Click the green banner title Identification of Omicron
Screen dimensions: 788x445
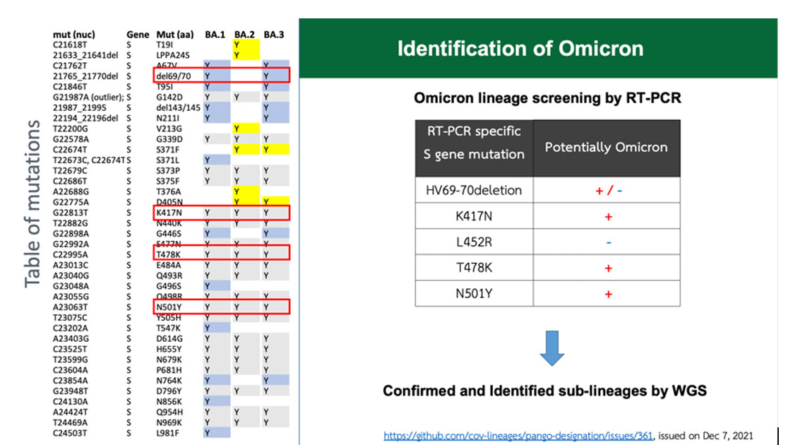pos(520,49)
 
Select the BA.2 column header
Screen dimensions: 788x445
pos(244,35)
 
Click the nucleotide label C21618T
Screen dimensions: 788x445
pos(70,44)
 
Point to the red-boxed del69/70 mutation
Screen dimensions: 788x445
pos(174,76)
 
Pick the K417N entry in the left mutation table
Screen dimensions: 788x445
pos(169,213)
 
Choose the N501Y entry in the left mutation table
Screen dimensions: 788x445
pos(169,307)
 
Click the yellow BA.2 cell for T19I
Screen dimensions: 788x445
pos(246,44)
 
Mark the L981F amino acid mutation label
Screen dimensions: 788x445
pos(167,433)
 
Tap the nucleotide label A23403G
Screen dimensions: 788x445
pos(71,338)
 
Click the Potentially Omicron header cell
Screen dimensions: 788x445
pos(606,148)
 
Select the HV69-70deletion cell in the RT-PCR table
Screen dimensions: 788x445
pos(473,190)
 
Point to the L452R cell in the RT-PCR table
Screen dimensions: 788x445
pos(473,242)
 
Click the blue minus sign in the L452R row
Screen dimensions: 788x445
pos(609,243)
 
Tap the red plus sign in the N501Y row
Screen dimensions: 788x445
pos(608,294)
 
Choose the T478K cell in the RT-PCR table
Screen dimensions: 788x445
pos(473,268)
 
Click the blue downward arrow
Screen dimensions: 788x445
pos(551,348)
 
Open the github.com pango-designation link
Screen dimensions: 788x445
pos(518,435)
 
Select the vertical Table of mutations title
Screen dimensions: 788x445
pos(32,204)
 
